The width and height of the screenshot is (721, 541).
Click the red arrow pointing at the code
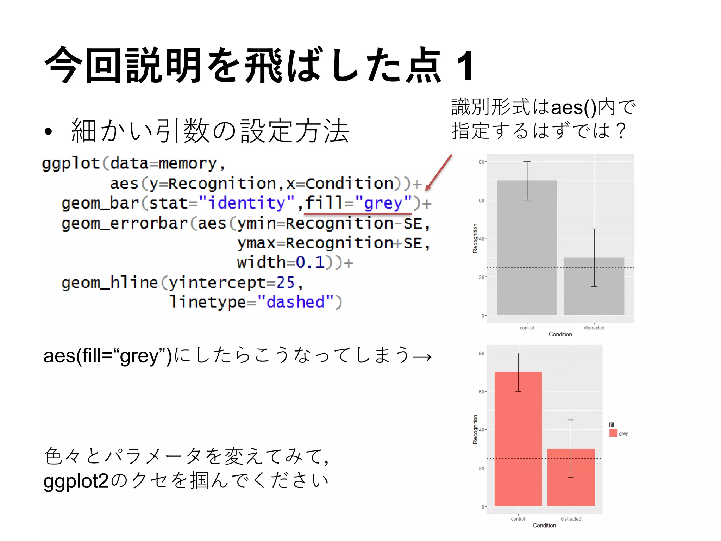(x=438, y=173)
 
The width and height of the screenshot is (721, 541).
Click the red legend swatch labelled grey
(x=613, y=433)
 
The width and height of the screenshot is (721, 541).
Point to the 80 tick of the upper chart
(x=482, y=162)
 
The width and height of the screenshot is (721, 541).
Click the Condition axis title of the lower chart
(x=544, y=525)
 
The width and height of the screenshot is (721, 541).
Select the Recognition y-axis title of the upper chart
(x=475, y=238)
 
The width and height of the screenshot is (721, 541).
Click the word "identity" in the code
(x=246, y=203)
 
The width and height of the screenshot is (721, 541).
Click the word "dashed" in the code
(x=295, y=302)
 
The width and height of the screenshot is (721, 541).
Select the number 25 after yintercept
(x=285, y=282)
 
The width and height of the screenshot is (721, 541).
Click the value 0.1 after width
(x=310, y=262)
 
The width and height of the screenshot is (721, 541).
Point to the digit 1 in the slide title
(x=465, y=66)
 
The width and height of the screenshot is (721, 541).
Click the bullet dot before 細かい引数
(x=48, y=132)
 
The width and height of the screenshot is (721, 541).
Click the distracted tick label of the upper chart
(x=594, y=328)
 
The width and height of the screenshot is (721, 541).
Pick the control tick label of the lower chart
(x=518, y=519)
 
